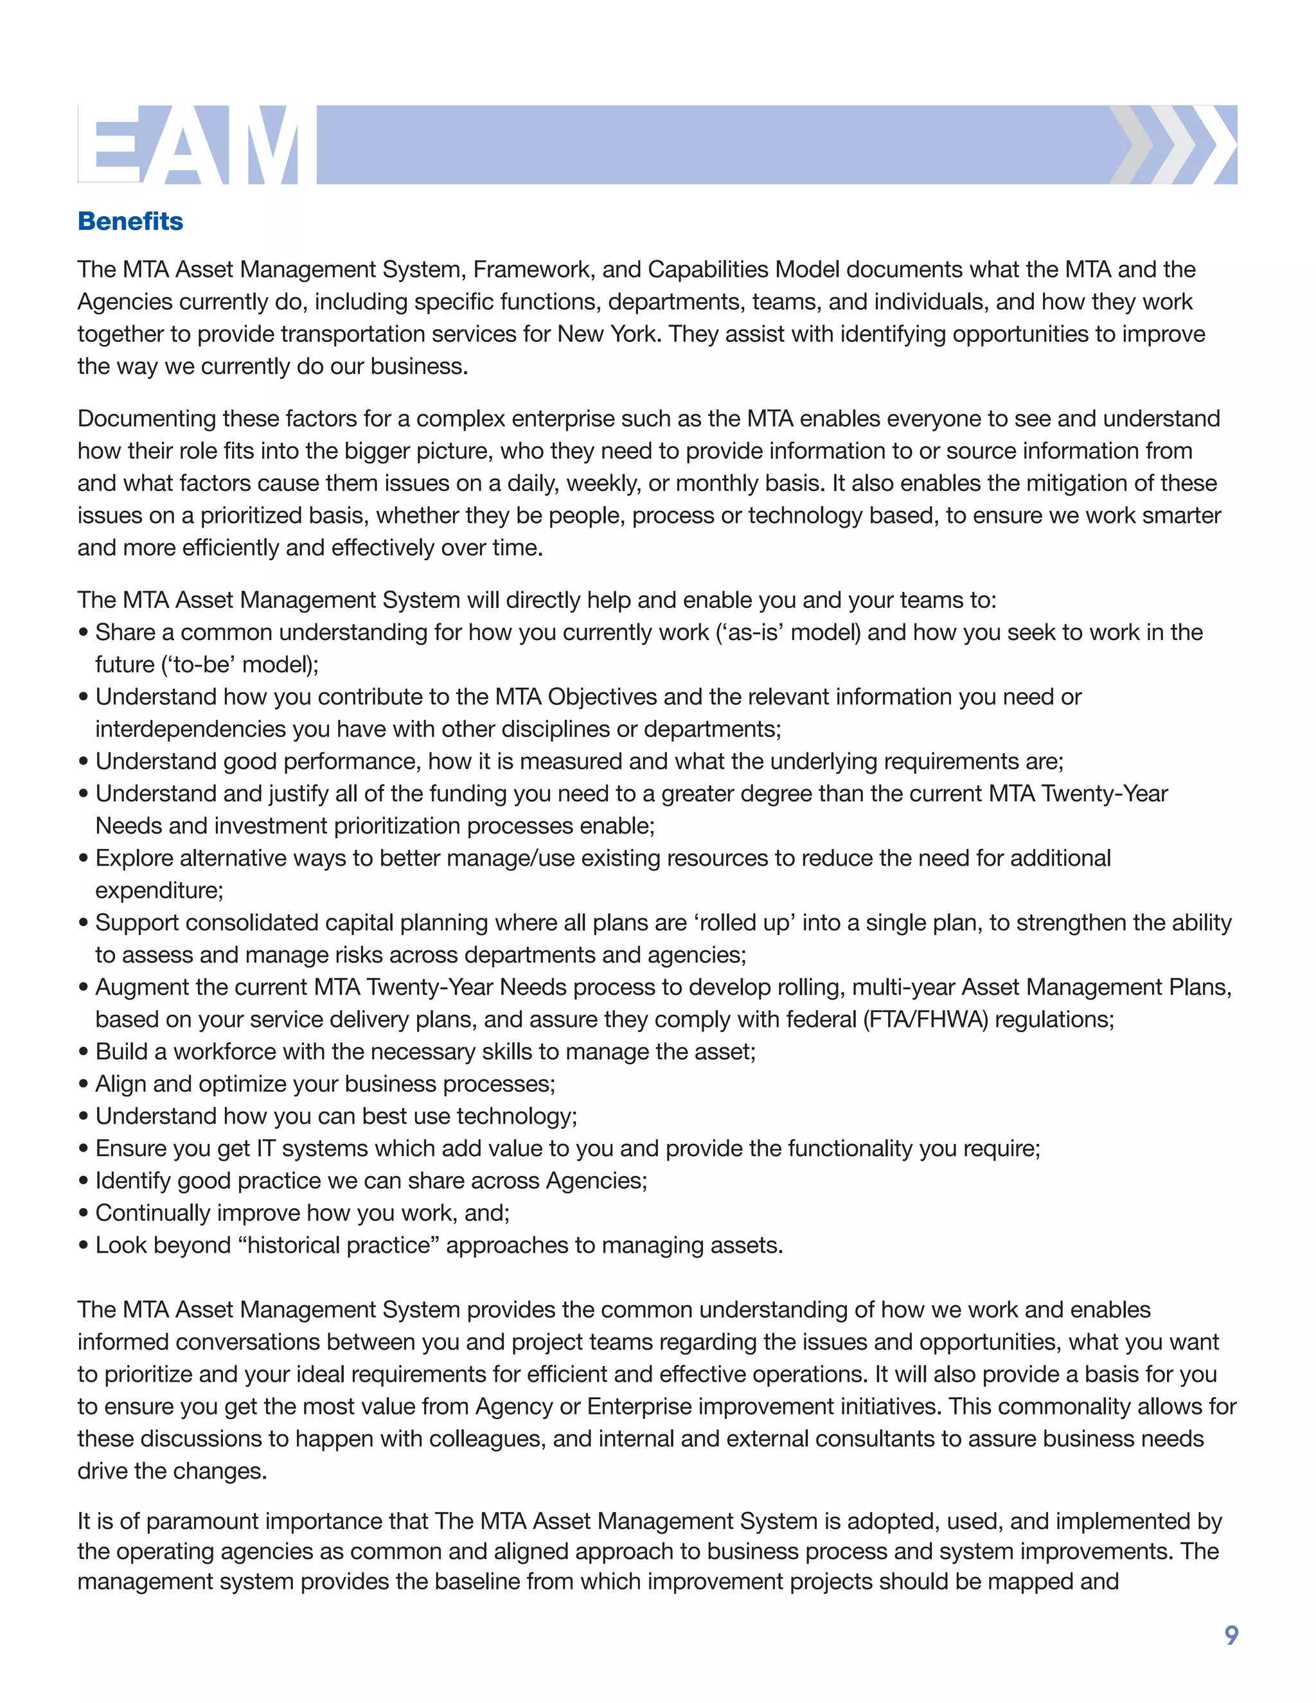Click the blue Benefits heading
tap(130, 222)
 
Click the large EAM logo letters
tap(197, 145)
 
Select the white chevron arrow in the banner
tap(1213, 145)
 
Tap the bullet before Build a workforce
tap(84, 1052)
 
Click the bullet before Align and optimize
tap(84, 1085)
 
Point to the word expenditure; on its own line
tap(159, 891)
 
